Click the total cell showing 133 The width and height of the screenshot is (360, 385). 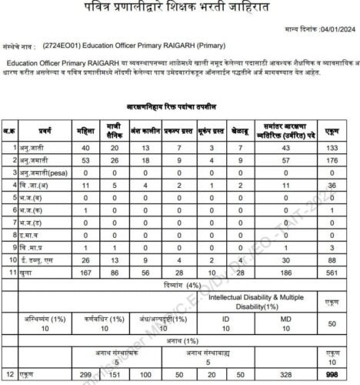[x=332, y=147]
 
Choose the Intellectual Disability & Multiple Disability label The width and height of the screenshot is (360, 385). [x=262, y=299]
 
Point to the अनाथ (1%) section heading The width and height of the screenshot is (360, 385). [x=179, y=336]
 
